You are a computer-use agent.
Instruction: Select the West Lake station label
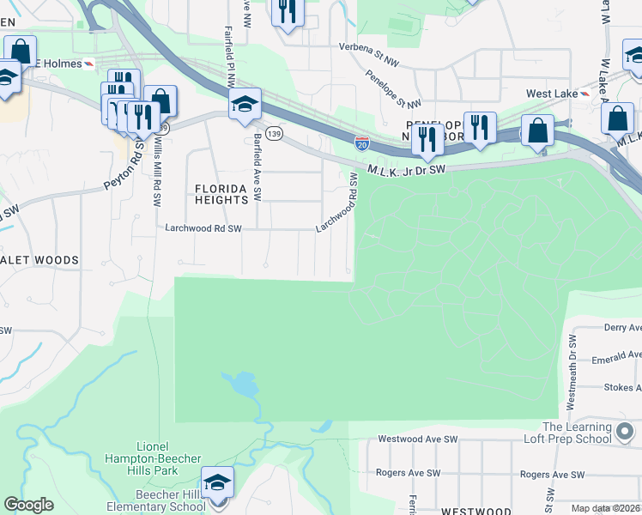click(550, 94)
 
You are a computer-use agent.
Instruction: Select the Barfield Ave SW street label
click(257, 168)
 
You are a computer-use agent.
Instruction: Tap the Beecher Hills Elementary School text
click(156, 500)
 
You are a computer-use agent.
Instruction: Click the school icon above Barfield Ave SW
click(245, 105)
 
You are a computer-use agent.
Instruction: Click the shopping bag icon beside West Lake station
click(618, 118)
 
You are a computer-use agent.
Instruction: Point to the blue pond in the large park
click(243, 384)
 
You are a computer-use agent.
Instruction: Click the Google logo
click(28, 505)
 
